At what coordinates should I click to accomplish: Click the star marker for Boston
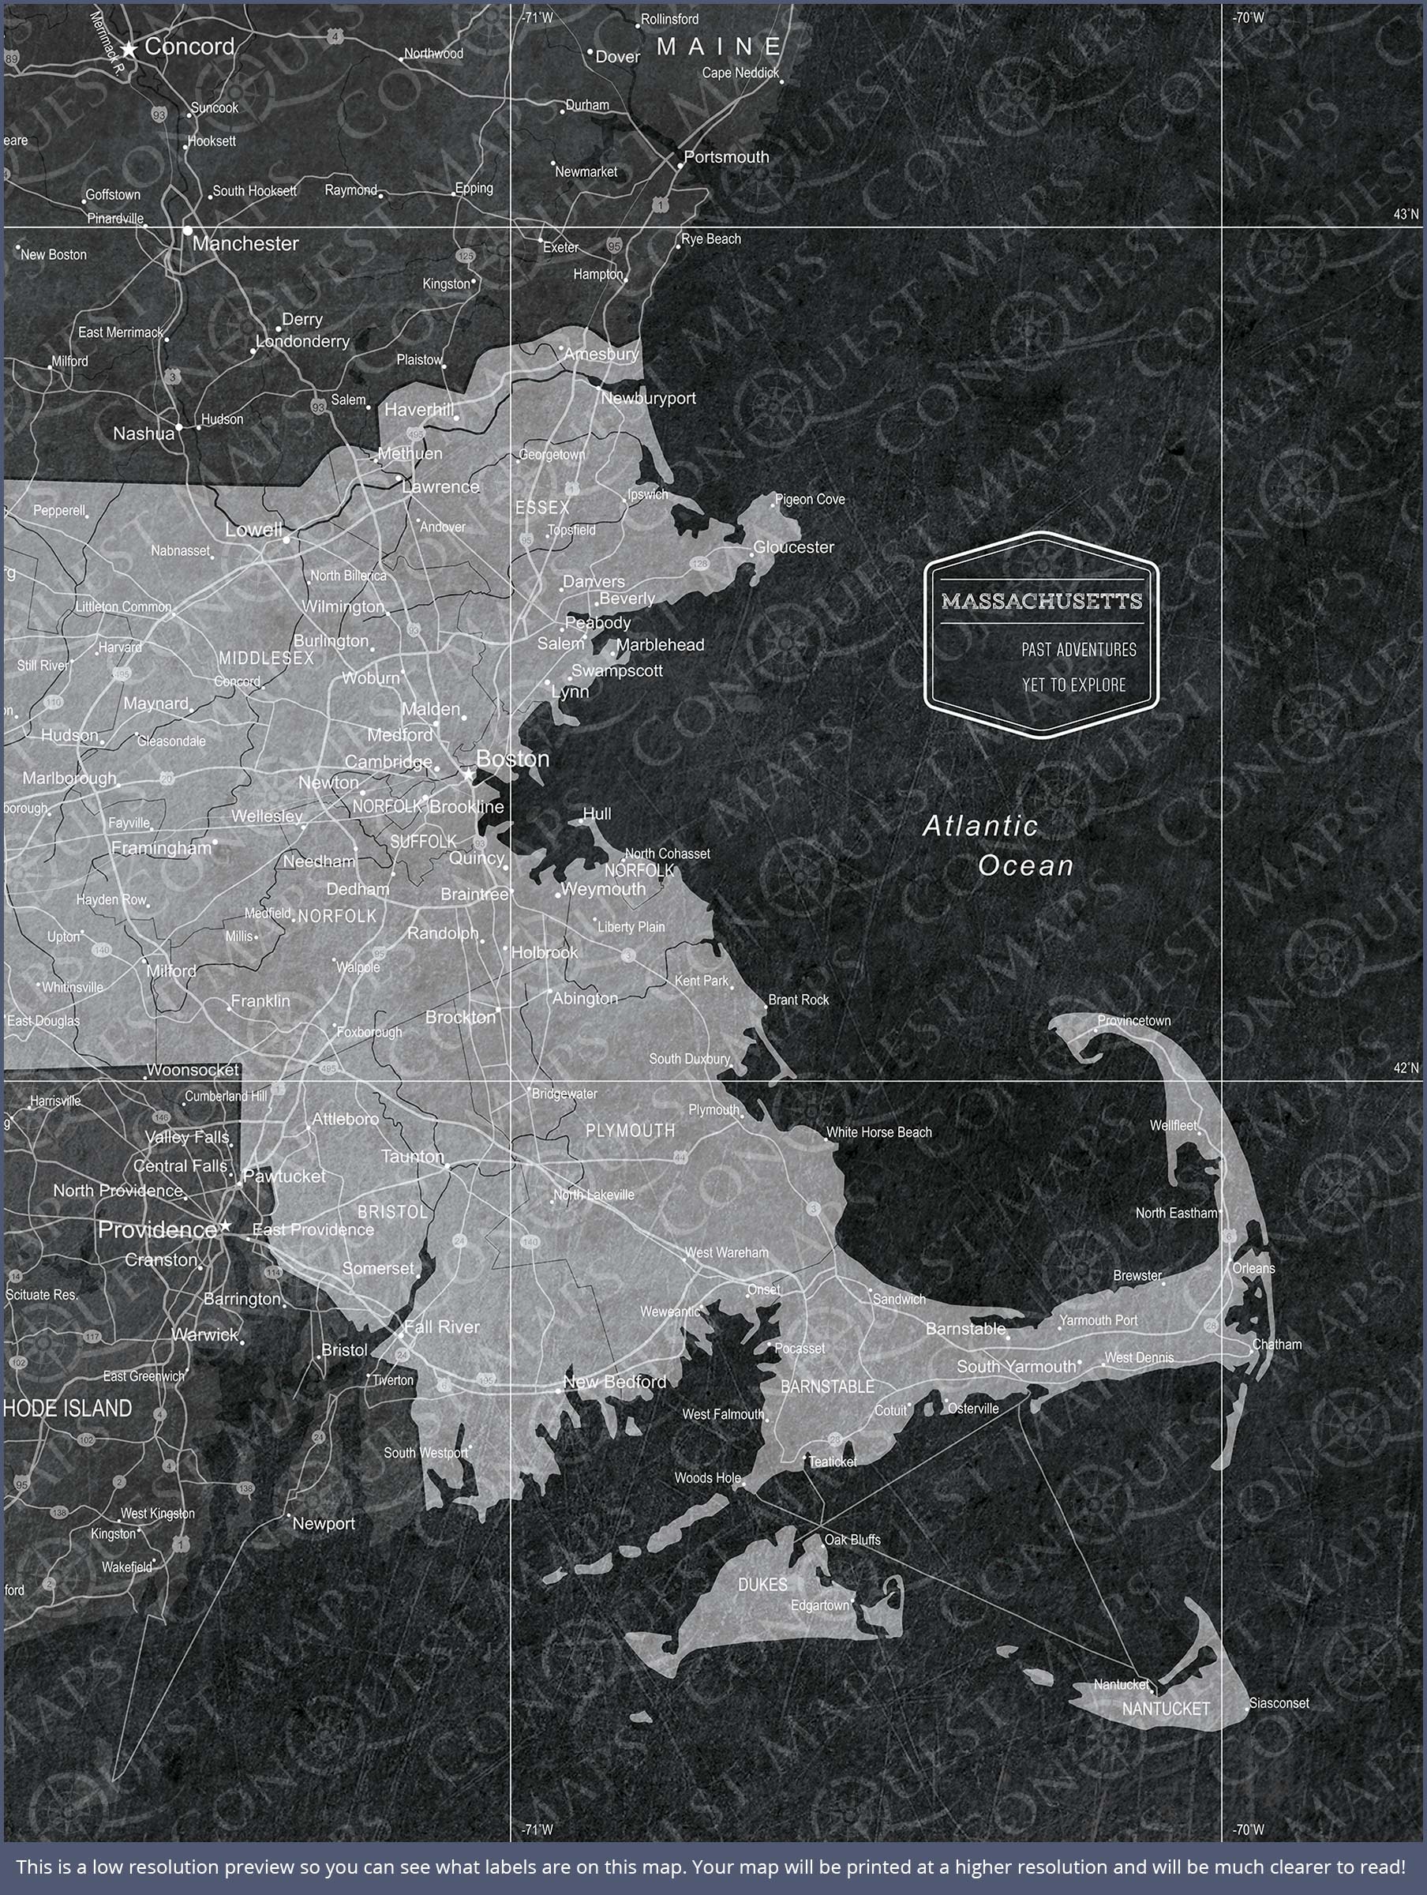(x=469, y=775)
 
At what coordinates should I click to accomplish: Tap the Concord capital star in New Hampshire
(x=129, y=50)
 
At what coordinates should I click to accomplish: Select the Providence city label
(x=157, y=1229)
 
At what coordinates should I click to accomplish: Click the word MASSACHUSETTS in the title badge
(x=1042, y=601)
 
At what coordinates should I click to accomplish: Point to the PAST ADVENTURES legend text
(x=1078, y=649)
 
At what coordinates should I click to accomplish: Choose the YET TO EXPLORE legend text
(x=1073, y=685)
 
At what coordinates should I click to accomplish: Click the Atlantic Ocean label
(x=998, y=846)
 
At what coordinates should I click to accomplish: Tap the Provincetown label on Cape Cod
(x=1133, y=1020)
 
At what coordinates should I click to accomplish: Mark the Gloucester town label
(x=793, y=546)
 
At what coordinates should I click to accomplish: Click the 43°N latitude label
(x=1406, y=214)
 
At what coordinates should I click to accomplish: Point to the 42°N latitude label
(x=1406, y=1068)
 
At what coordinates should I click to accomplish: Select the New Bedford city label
(x=615, y=1381)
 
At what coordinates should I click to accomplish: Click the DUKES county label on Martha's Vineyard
(x=762, y=1585)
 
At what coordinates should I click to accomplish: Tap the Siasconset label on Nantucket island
(x=1279, y=1703)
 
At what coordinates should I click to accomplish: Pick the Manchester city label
(x=245, y=243)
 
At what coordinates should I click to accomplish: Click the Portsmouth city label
(x=726, y=157)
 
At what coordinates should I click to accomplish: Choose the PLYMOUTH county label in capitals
(x=631, y=1131)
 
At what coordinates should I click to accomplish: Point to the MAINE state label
(x=720, y=47)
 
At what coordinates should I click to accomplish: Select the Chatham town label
(x=1276, y=1344)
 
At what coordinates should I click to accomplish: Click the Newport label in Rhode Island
(x=323, y=1523)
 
